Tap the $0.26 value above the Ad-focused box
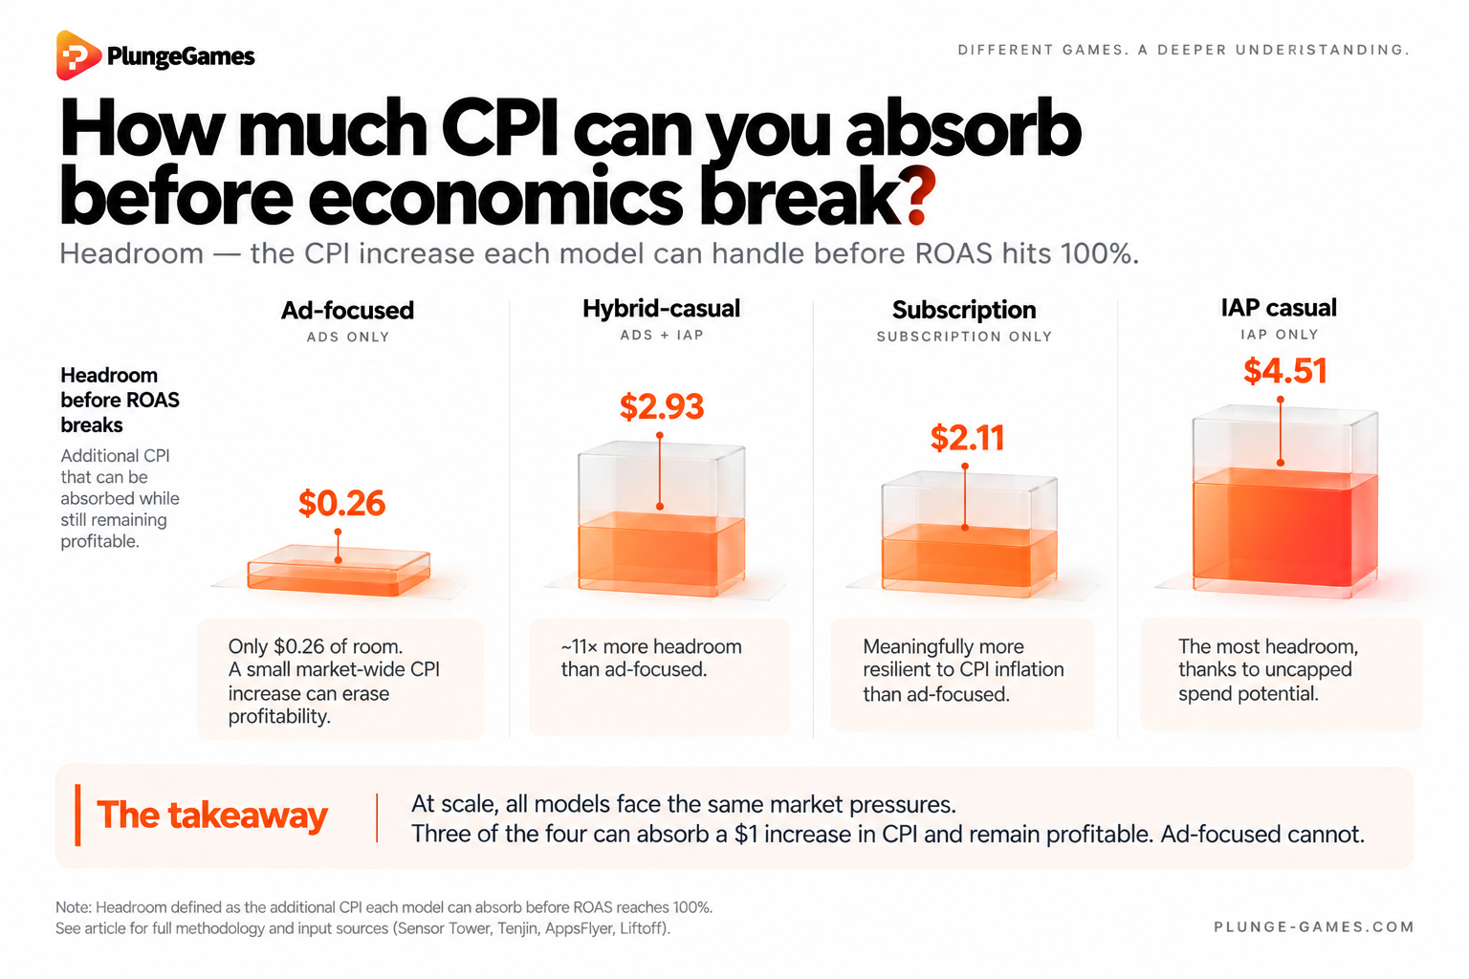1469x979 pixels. tap(341, 504)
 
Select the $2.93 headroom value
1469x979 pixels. tap(662, 406)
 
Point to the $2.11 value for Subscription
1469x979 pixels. tap(967, 438)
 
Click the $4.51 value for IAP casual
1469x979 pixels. tap(1285, 371)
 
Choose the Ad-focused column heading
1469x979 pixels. tap(347, 310)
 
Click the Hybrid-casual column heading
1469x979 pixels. tap(661, 308)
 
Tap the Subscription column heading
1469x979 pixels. tap(964, 310)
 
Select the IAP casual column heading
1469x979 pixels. tap(1279, 308)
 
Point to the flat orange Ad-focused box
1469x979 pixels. tap(339, 570)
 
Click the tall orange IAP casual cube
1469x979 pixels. tap(1285, 502)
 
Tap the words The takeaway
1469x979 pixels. tap(211, 816)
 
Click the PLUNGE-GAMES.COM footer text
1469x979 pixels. tap(1313, 926)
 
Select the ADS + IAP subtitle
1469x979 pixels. tap(662, 335)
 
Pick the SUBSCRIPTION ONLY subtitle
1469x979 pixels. tap(964, 337)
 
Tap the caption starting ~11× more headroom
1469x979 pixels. tap(651, 658)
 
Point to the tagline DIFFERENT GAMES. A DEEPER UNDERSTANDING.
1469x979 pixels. tap(1183, 50)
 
